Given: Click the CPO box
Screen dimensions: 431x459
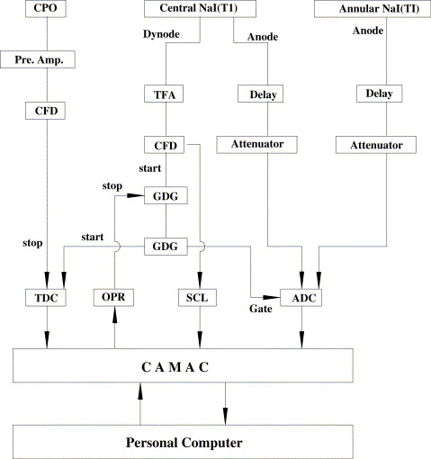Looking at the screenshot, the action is click(46, 8).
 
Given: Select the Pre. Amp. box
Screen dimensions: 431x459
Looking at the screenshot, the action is click(38, 59).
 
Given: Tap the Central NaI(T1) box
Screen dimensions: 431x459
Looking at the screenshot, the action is click(200, 8).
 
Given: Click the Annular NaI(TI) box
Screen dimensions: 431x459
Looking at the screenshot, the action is click(373, 9).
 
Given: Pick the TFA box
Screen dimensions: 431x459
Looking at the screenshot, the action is click(164, 94).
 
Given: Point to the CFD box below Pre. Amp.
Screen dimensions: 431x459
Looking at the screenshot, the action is click(45, 111).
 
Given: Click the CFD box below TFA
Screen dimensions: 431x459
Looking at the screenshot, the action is click(165, 145).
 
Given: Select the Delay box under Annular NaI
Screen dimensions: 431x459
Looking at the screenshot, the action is click(379, 94).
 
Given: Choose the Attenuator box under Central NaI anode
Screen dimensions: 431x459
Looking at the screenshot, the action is click(257, 145).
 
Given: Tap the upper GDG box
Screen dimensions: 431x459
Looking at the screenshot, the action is click(166, 195).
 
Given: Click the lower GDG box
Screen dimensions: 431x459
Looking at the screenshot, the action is click(166, 247).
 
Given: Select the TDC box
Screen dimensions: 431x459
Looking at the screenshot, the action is click(46, 298).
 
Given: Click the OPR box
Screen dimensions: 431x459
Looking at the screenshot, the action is click(113, 297).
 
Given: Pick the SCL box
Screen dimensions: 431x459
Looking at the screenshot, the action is click(197, 298).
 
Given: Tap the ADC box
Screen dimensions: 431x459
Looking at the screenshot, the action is click(301, 298).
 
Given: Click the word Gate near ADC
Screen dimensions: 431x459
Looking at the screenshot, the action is click(261, 309).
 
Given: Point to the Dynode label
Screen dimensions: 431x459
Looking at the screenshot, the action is click(161, 34).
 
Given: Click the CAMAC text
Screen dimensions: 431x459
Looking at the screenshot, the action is click(175, 367).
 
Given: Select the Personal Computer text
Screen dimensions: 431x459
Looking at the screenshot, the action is click(184, 443).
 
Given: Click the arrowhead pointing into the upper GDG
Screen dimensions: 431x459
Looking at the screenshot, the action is click(136, 195).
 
